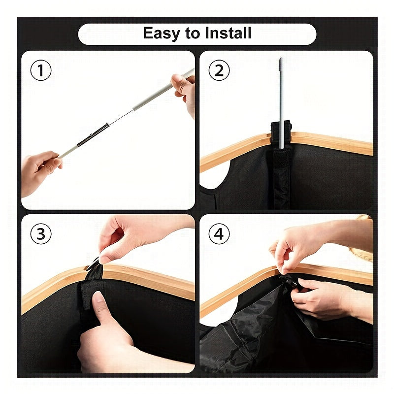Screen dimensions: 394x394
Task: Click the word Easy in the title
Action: pos(162,33)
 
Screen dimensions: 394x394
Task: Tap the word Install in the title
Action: pos(228,33)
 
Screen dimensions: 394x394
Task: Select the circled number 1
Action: pos(41,70)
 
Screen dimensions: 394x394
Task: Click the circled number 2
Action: pos(219,70)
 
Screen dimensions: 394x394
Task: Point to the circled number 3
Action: pos(41,233)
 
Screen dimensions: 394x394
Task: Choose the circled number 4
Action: pos(219,233)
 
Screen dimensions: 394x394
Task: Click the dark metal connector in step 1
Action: pos(93,135)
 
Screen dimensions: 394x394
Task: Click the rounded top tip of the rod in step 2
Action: pos(281,60)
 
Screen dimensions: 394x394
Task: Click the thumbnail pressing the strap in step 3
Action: pos(98,296)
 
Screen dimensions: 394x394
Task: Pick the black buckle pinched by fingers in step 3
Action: pos(93,264)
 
